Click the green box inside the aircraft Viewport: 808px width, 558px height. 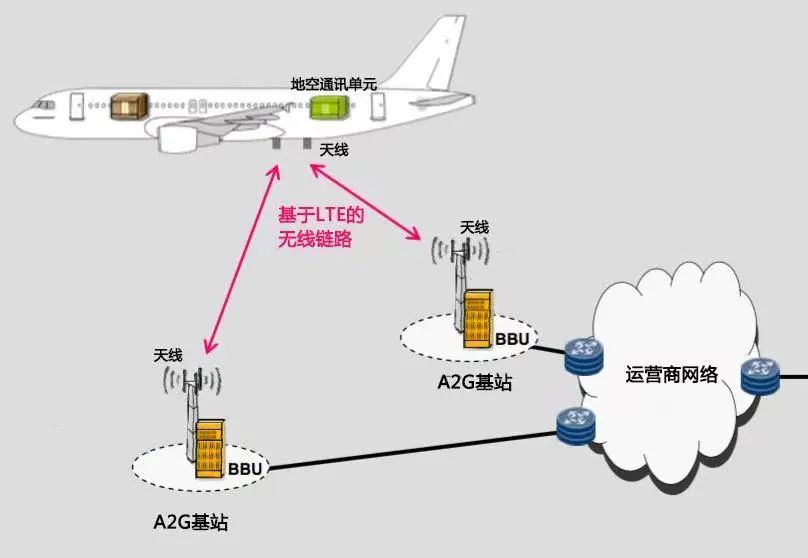(x=325, y=107)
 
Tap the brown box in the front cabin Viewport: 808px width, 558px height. (x=126, y=104)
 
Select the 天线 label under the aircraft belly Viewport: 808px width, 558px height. (x=334, y=151)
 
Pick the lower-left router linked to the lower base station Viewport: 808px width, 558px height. (x=577, y=424)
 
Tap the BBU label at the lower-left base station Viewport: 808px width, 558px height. (x=244, y=467)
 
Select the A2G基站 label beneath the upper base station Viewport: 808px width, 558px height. (x=474, y=381)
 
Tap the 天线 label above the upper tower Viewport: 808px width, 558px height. (x=474, y=228)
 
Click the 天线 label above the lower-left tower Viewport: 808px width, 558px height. (x=168, y=355)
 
